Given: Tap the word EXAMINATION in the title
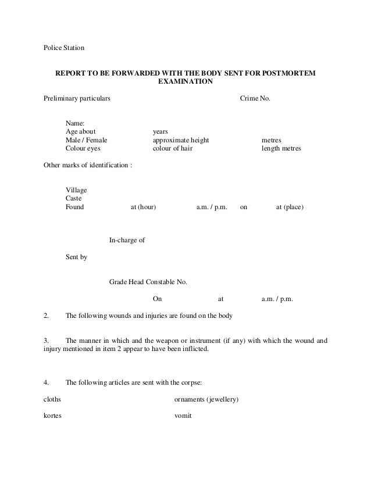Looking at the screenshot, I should click(185, 83).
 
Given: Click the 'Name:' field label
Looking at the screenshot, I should click(75, 123).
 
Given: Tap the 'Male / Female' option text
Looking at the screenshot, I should click(86, 140).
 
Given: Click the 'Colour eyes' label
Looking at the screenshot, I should click(83, 148).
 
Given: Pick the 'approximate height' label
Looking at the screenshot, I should click(181, 140).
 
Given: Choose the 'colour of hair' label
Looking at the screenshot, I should click(172, 148).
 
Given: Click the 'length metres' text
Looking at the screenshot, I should click(281, 148).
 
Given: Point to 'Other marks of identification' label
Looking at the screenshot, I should click(88, 165).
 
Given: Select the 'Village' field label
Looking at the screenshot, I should click(77, 190).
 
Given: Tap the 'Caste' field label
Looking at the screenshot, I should click(74, 198).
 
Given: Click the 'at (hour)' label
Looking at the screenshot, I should click(143, 206).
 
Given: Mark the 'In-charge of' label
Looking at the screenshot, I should click(127, 239).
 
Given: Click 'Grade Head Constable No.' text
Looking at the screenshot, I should click(148, 282).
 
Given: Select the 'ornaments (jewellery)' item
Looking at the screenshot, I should click(207, 400).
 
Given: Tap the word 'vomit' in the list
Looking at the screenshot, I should click(183, 416).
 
